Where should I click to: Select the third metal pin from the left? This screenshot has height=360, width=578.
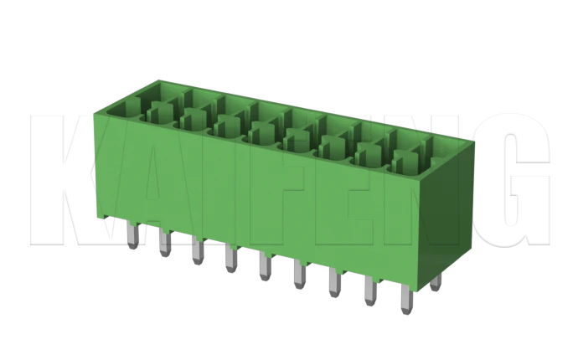196,250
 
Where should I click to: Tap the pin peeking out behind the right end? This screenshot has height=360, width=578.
435,280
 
